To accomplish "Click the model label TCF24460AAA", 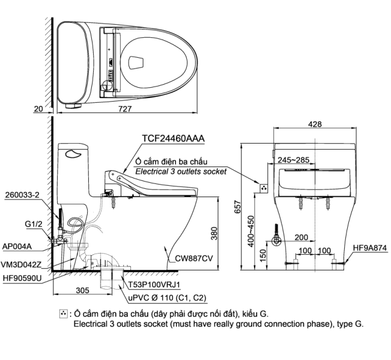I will click(173, 139).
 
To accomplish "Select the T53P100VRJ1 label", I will click(153, 284).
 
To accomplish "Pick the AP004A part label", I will click(17, 245).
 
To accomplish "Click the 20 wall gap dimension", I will click(38, 108).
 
